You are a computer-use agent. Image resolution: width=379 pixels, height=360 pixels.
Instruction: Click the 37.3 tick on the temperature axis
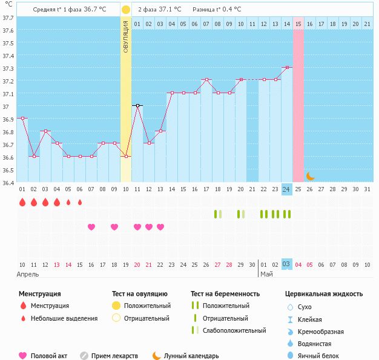pos(8,68)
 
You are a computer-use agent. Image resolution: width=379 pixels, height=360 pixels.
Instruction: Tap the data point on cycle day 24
pos(287,68)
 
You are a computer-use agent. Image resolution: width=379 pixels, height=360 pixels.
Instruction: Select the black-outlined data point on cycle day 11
pos(137,106)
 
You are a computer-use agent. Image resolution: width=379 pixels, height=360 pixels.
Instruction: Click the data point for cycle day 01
pos(22,119)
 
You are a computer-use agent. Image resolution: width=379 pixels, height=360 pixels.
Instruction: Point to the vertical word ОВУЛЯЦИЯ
pos(126,36)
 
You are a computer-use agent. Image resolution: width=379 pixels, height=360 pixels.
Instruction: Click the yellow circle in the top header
pos(126,10)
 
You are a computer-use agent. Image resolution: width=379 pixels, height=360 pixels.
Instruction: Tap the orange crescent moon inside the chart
pos(310,177)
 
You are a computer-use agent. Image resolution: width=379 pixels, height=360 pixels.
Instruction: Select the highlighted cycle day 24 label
pos(286,189)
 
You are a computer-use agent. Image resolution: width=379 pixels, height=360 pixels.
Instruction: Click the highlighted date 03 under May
pos(286,264)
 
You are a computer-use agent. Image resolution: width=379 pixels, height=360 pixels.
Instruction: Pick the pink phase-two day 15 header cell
pos(298,24)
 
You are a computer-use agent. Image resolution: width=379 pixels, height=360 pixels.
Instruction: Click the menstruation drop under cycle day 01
pos(22,202)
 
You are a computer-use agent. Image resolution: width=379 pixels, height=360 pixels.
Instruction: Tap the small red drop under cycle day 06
pos(80,202)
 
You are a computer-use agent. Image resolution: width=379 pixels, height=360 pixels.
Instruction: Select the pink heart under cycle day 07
pos(91,227)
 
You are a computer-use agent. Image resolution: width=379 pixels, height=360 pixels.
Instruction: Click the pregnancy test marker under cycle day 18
pos(218,214)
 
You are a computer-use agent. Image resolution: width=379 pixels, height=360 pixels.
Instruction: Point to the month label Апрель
pos(28,275)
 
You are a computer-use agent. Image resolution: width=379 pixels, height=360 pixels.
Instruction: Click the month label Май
pos(266,274)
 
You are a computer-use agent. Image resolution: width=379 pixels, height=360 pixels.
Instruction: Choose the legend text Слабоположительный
pos(234,330)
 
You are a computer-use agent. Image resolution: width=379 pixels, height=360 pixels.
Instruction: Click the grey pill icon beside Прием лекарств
pos(84,356)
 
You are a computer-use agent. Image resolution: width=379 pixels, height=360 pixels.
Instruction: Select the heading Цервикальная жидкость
pos(324,294)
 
